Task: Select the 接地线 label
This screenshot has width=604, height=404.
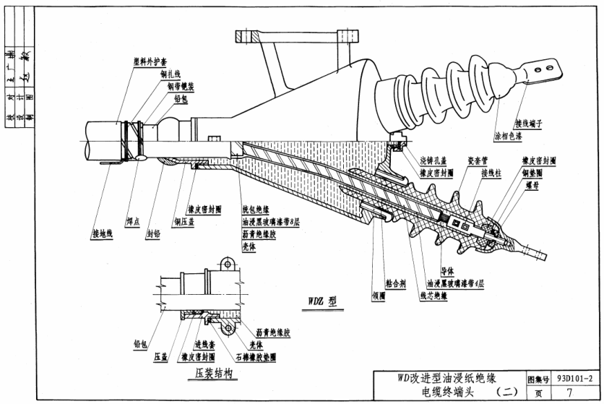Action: click(x=103, y=233)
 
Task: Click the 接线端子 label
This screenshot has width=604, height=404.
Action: click(x=529, y=123)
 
